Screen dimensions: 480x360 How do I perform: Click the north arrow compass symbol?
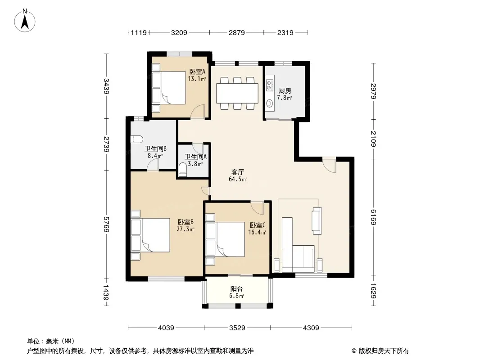click(25, 21)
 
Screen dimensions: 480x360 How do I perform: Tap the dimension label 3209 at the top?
click(179, 32)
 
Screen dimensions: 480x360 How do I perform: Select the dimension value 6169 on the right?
click(373, 217)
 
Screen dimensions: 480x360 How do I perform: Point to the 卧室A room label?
click(197, 72)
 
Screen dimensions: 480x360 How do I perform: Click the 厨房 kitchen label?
click(285, 91)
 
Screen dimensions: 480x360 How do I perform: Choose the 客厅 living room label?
click(238, 172)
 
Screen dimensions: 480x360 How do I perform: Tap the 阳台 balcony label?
click(237, 289)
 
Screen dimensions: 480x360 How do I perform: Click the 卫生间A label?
click(195, 157)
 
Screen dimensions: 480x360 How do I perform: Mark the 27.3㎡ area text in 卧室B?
click(186, 229)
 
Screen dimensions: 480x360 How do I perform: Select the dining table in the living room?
click(237, 93)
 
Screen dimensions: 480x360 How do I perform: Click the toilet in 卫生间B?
click(136, 139)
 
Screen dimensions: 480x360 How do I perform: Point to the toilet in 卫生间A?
click(183, 170)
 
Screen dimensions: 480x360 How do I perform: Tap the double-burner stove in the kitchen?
click(269, 85)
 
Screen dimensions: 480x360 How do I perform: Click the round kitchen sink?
click(269, 103)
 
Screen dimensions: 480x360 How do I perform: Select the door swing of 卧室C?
click(257, 208)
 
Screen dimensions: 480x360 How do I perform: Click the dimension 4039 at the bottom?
click(166, 328)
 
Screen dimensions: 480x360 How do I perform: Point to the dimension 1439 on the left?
click(106, 292)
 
